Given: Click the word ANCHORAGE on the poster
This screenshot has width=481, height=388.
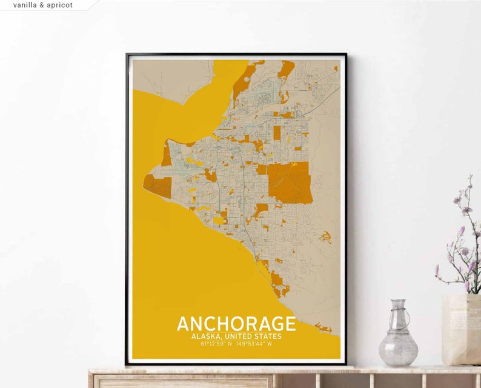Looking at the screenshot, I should [236, 324].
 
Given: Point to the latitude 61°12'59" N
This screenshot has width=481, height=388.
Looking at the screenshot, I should [217, 344].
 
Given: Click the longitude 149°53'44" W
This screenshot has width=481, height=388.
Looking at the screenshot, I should [257, 344].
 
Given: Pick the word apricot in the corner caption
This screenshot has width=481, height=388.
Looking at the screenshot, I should [59, 5].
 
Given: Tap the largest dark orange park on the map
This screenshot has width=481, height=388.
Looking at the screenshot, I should [290, 182].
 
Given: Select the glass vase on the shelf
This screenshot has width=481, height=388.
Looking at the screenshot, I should [398, 337].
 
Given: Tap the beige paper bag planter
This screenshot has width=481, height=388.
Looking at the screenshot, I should [462, 330].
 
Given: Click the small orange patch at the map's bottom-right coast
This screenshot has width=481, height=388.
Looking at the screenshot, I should [324, 329].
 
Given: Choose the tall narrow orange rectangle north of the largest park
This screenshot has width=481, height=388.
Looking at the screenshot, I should [277, 133].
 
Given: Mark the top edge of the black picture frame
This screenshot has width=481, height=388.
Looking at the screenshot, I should [236, 55].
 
